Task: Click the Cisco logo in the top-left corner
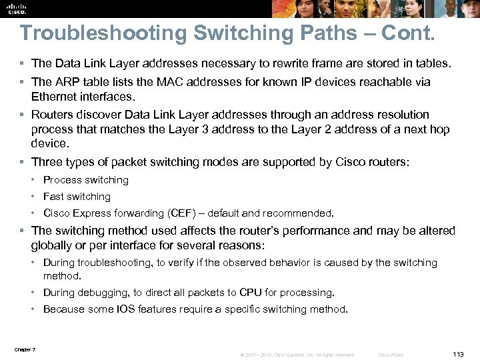tap(15, 8)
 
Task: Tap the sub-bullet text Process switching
tap(86, 180)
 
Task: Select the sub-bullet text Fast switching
tap(77, 197)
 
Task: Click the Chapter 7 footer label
tap(25, 350)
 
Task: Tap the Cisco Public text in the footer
tap(391, 355)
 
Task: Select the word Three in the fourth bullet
tap(47, 161)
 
